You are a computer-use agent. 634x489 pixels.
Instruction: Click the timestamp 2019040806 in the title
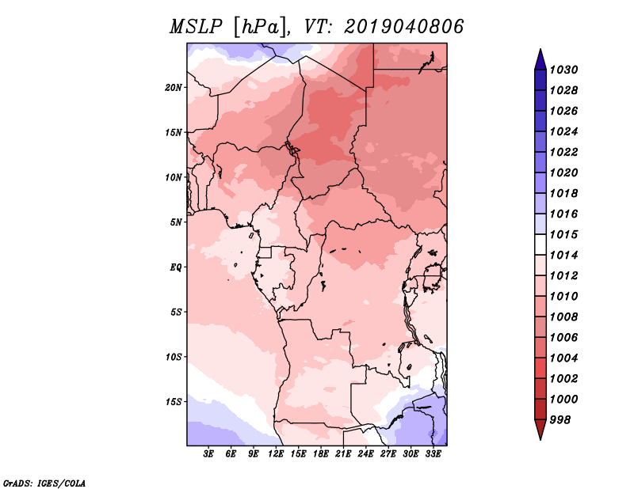(x=404, y=27)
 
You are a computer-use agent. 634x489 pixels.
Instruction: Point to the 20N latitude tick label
(x=174, y=87)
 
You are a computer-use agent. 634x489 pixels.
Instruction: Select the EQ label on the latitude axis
(x=176, y=267)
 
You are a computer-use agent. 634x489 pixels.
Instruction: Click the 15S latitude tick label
(x=174, y=401)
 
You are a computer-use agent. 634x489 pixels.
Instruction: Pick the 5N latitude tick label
(x=176, y=222)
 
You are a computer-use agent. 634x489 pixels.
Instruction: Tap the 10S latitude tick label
(x=174, y=356)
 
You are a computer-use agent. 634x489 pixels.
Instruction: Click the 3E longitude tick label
(x=208, y=454)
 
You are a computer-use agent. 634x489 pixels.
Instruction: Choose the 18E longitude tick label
(x=321, y=454)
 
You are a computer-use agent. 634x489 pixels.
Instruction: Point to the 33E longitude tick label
(x=433, y=454)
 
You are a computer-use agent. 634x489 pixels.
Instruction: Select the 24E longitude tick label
(x=366, y=454)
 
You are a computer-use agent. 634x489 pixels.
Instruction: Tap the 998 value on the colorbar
(x=563, y=419)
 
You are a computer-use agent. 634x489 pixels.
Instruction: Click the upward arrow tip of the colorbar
(x=539, y=52)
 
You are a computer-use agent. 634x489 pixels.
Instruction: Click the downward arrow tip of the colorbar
(x=539, y=437)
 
